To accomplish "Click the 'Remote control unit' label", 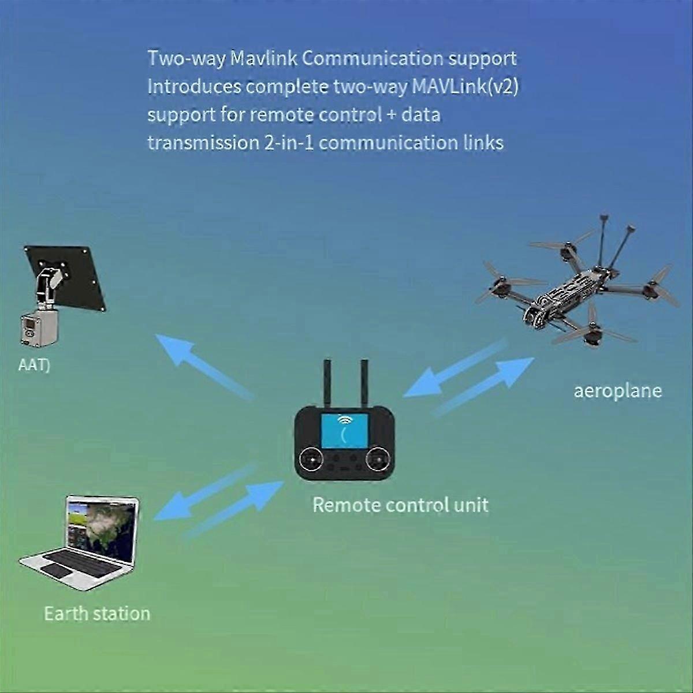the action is coord(400,505).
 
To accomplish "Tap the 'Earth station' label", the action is coord(97,613).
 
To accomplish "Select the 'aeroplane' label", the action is coord(617,391).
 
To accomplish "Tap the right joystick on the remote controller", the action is coord(378,460).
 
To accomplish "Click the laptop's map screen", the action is coord(102,528).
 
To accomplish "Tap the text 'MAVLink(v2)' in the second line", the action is coord(465,86).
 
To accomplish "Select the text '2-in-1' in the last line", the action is coord(289,142).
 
